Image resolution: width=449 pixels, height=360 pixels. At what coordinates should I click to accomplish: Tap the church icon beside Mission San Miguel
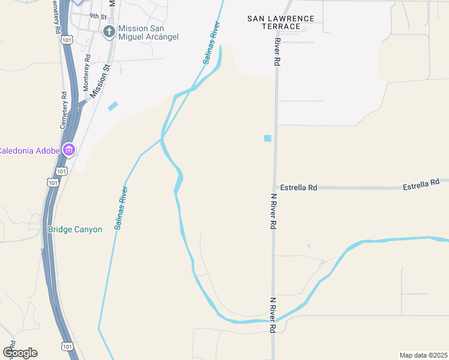(109, 32)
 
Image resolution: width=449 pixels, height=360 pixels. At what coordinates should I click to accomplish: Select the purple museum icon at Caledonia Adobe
(69, 149)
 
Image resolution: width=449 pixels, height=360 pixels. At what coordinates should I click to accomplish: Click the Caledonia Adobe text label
(29, 150)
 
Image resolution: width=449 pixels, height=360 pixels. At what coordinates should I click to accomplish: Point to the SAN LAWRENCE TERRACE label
(281, 22)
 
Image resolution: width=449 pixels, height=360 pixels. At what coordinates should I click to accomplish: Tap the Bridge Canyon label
(75, 229)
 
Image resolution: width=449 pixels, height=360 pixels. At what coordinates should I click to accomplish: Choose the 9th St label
(97, 16)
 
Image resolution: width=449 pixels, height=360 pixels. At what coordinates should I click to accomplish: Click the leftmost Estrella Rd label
(295, 188)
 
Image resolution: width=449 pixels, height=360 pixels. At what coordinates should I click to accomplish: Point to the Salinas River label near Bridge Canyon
(121, 208)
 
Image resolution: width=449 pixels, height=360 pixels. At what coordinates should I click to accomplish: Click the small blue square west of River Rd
(268, 138)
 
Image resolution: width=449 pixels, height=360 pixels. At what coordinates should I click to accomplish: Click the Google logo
(20, 353)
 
